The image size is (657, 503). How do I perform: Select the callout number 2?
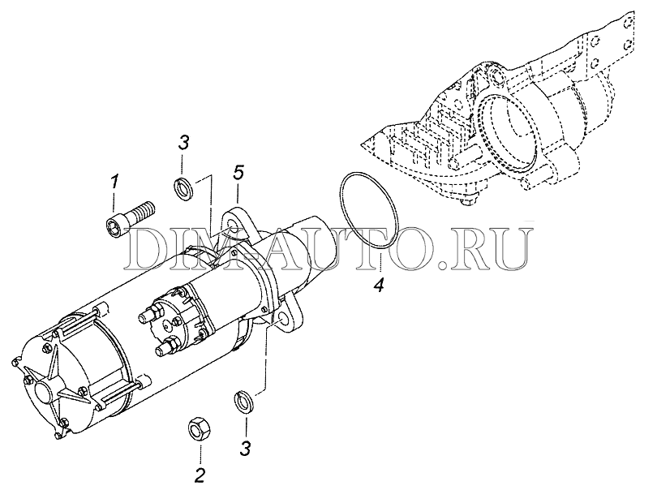click(x=200, y=475)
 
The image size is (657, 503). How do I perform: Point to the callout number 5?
click(x=238, y=173)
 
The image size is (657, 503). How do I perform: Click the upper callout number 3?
click(x=183, y=142)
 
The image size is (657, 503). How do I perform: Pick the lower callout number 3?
click(x=245, y=448)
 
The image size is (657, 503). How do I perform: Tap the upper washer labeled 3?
click(x=183, y=190)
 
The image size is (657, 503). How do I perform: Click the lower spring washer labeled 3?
click(x=243, y=402)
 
